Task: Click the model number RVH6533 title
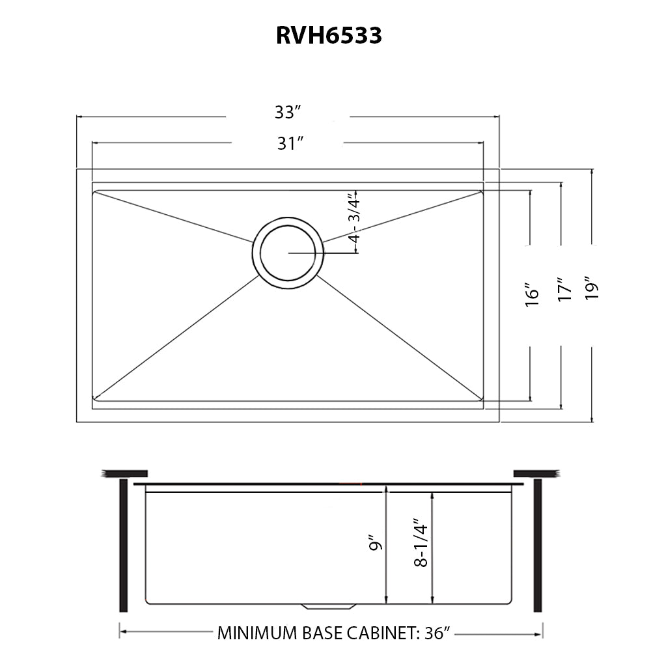coord(329,35)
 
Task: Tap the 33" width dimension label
coord(286,113)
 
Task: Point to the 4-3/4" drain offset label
coord(353,217)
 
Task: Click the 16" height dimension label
coord(533,294)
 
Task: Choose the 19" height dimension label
coord(592,288)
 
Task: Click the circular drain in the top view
coord(288,253)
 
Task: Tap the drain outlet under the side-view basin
coord(328,607)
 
